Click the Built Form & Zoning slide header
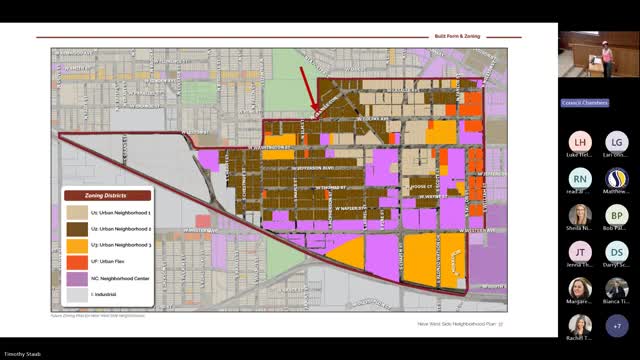coord(457,36)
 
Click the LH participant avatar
coord(579,142)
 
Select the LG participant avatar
coord(617,142)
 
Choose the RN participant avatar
coord(579,179)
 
